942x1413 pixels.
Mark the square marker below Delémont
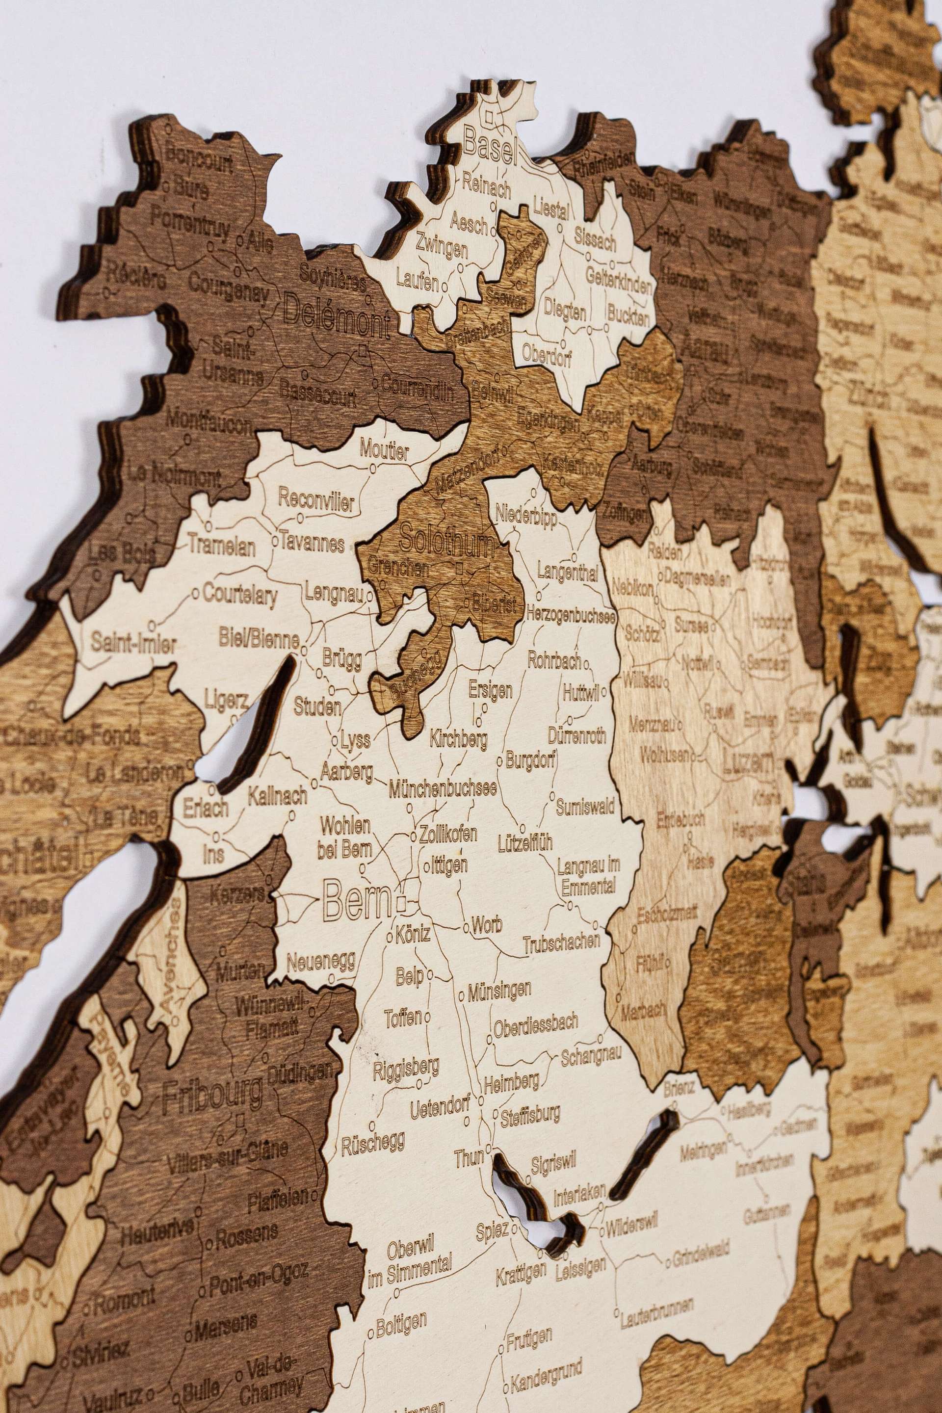pos(362,350)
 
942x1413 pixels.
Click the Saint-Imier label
pos(133,644)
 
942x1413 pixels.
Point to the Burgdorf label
pos(530,760)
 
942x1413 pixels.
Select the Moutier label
pos(385,450)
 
